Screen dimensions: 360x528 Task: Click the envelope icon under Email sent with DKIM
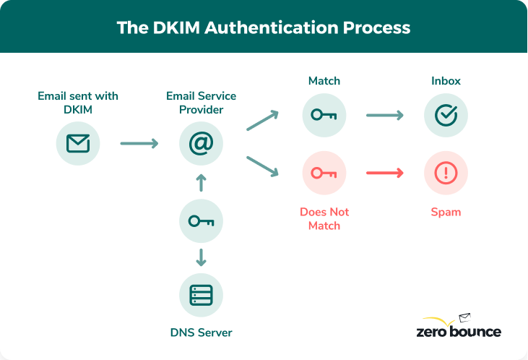click(78, 143)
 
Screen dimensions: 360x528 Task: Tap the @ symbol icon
click(201, 143)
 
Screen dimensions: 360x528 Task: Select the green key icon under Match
click(324, 115)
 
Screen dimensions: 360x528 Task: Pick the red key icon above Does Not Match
click(324, 173)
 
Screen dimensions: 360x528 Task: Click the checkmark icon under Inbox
click(446, 115)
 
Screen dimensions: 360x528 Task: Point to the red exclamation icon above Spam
click(446, 173)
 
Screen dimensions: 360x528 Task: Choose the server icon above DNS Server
click(201, 295)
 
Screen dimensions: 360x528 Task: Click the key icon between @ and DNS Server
click(201, 221)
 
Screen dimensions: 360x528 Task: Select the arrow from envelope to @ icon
click(139, 143)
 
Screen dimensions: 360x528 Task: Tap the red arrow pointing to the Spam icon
click(385, 173)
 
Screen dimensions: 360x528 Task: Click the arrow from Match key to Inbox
click(385, 115)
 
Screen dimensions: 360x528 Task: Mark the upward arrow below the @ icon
click(202, 183)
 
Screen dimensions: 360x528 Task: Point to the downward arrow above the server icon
click(202, 257)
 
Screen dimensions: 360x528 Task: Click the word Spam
click(446, 212)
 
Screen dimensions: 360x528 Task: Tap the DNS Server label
click(201, 333)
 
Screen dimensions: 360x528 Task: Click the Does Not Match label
click(324, 218)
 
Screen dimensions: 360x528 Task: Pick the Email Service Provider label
click(201, 103)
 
